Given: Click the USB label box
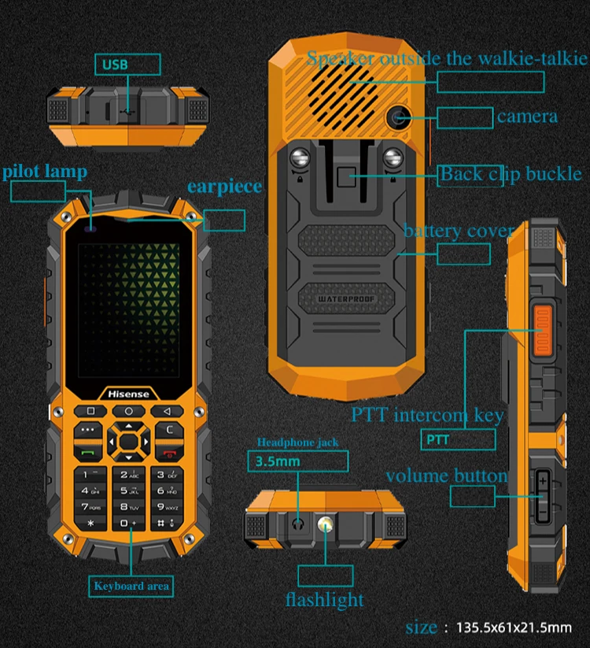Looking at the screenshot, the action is click(x=127, y=64).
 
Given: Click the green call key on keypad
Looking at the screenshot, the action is click(x=88, y=453).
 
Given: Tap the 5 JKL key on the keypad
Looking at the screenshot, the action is click(x=128, y=491).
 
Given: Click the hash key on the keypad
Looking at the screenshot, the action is click(x=164, y=523).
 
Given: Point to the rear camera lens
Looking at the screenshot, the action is click(x=397, y=119).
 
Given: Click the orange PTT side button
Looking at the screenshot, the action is click(x=543, y=331).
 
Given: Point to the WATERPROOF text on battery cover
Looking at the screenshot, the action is click(x=348, y=299).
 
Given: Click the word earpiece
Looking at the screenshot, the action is click(x=224, y=187).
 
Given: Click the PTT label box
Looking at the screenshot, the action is click(x=459, y=439).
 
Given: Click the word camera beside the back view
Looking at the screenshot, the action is click(x=527, y=117).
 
